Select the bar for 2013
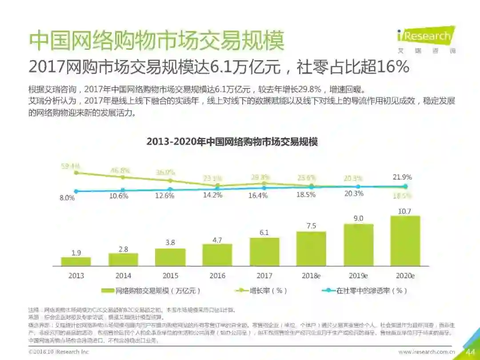coord(76,261)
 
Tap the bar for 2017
coord(264,252)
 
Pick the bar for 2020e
coord(405,240)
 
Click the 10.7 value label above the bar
coord(404,211)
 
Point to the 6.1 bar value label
coord(264,233)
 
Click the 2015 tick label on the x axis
coord(170,276)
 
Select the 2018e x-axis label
coord(311,276)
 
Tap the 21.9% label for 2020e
coord(402,177)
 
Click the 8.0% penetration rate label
coord(67,198)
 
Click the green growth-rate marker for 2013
coord(76,172)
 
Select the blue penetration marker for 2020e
coord(405,187)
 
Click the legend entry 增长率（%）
coord(261,291)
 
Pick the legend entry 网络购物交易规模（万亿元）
coord(151,291)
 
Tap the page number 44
coord(470,352)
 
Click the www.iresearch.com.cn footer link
coord(427,352)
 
